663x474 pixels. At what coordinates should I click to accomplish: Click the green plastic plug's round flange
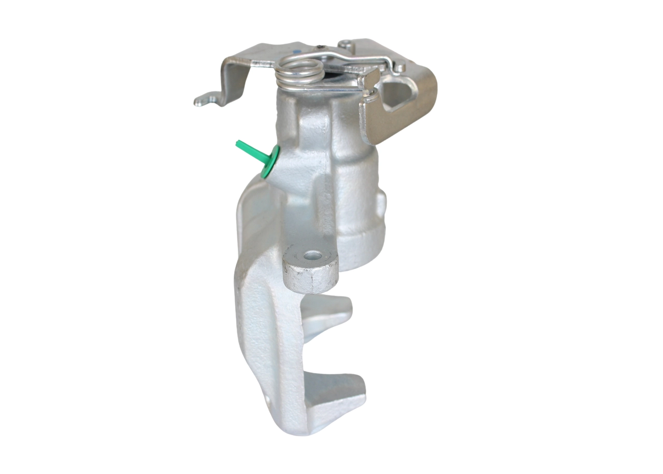click(270, 162)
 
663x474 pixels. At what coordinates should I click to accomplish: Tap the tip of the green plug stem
click(239, 143)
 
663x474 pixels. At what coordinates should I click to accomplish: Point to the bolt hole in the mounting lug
click(312, 255)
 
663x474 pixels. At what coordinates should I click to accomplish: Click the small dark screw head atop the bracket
click(322, 49)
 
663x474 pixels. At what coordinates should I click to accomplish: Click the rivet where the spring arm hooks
click(399, 67)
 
